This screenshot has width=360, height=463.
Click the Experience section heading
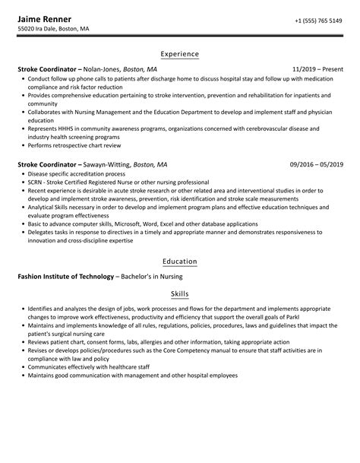point(180,54)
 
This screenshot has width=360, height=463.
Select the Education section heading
point(180,262)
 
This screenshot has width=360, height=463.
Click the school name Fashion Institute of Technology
point(65,276)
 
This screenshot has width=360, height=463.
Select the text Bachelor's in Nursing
point(150,276)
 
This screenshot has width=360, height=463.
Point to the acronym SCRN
point(33,183)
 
